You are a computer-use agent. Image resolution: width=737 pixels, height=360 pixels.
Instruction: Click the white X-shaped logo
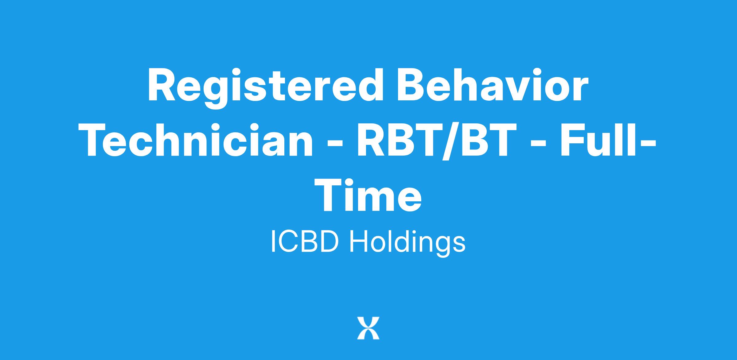coord(368,328)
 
